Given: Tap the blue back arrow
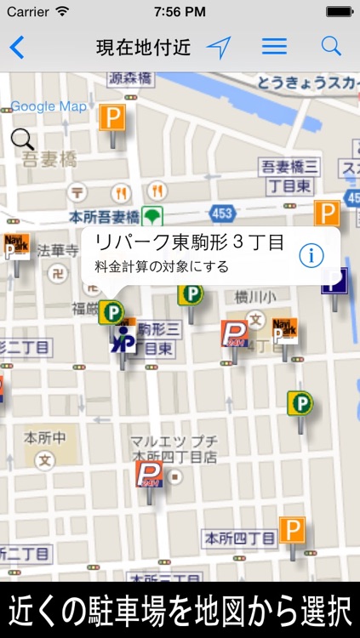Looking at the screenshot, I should pyautogui.click(x=16, y=48).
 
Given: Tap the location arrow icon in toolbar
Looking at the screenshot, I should pyautogui.click(x=219, y=48).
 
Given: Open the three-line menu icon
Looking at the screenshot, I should pyautogui.click(x=274, y=47).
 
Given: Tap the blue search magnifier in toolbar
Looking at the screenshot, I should pyautogui.click(x=331, y=47).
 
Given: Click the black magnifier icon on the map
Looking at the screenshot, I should pyautogui.click(x=23, y=139).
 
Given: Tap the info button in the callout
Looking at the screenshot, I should pyautogui.click(x=312, y=253).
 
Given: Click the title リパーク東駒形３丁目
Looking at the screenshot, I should pyautogui.click(x=189, y=242).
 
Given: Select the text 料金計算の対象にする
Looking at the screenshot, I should pyautogui.click(x=162, y=266).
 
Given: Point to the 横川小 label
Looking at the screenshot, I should pyautogui.click(x=256, y=297).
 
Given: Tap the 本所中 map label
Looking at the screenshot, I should pyautogui.click(x=44, y=439).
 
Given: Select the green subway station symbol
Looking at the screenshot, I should pyautogui.click(x=152, y=215).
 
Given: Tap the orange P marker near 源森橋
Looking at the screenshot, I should pyautogui.click(x=111, y=117).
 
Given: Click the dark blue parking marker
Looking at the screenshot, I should pyautogui.click(x=334, y=280).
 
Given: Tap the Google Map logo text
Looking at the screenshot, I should pyautogui.click(x=49, y=106).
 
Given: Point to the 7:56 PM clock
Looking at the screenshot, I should pyautogui.click(x=180, y=12).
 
